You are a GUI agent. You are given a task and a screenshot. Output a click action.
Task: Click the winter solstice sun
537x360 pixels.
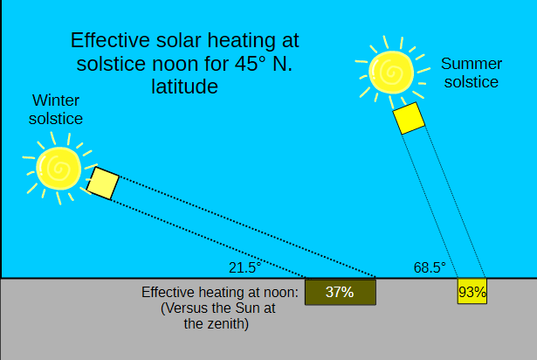coord(59,167)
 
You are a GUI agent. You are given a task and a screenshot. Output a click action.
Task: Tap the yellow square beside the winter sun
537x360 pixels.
coord(102,183)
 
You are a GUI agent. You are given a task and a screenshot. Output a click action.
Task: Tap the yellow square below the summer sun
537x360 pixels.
coord(409,119)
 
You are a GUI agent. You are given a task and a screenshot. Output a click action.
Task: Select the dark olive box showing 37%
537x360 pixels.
coord(340,292)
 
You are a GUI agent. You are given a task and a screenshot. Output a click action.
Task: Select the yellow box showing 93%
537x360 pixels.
coord(472,292)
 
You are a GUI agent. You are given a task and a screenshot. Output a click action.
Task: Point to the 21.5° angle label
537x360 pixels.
coord(245,267)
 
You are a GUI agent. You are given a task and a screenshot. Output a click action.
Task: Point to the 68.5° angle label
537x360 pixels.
coord(430,267)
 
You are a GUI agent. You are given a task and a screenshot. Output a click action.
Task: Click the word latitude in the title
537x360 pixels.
coord(183,87)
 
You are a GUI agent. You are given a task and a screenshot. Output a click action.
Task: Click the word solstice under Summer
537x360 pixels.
coord(470,82)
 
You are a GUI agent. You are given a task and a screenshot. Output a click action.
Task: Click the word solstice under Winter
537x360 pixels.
coord(56,118)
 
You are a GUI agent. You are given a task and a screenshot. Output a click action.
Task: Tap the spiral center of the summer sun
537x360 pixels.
coord(388,69)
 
